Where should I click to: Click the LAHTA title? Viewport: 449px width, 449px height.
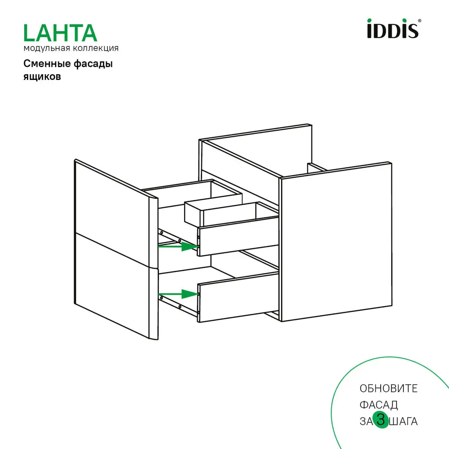point(60,33)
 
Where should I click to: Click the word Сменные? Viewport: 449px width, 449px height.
point(45,64)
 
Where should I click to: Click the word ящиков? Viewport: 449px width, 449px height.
point(42,76)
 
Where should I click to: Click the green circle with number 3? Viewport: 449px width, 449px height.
point(381,420)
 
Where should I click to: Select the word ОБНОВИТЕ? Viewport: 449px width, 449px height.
point(388,388)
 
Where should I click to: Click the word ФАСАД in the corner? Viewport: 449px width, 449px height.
point(379,405)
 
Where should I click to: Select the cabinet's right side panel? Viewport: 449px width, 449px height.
point(335,242)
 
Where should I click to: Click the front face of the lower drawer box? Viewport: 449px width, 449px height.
point(238,296)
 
